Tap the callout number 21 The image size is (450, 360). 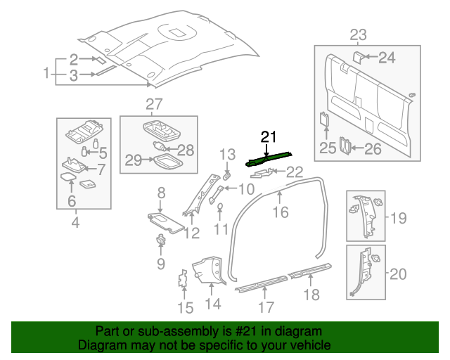[269, 137]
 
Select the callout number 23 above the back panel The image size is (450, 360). [359, 34]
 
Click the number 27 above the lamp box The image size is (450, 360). [153, 105]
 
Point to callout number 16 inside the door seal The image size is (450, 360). [281, 211]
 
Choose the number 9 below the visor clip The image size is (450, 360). [160, 264]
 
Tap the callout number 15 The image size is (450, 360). [185, 307]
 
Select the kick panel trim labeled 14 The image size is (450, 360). [208, 271]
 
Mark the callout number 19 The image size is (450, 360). [399, 218]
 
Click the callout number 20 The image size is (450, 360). [399, 274]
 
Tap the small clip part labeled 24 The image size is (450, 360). [357, 56]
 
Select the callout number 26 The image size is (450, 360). [372, 148]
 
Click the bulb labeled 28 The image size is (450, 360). [163, 148]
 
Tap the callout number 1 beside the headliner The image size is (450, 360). [46, 73]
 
